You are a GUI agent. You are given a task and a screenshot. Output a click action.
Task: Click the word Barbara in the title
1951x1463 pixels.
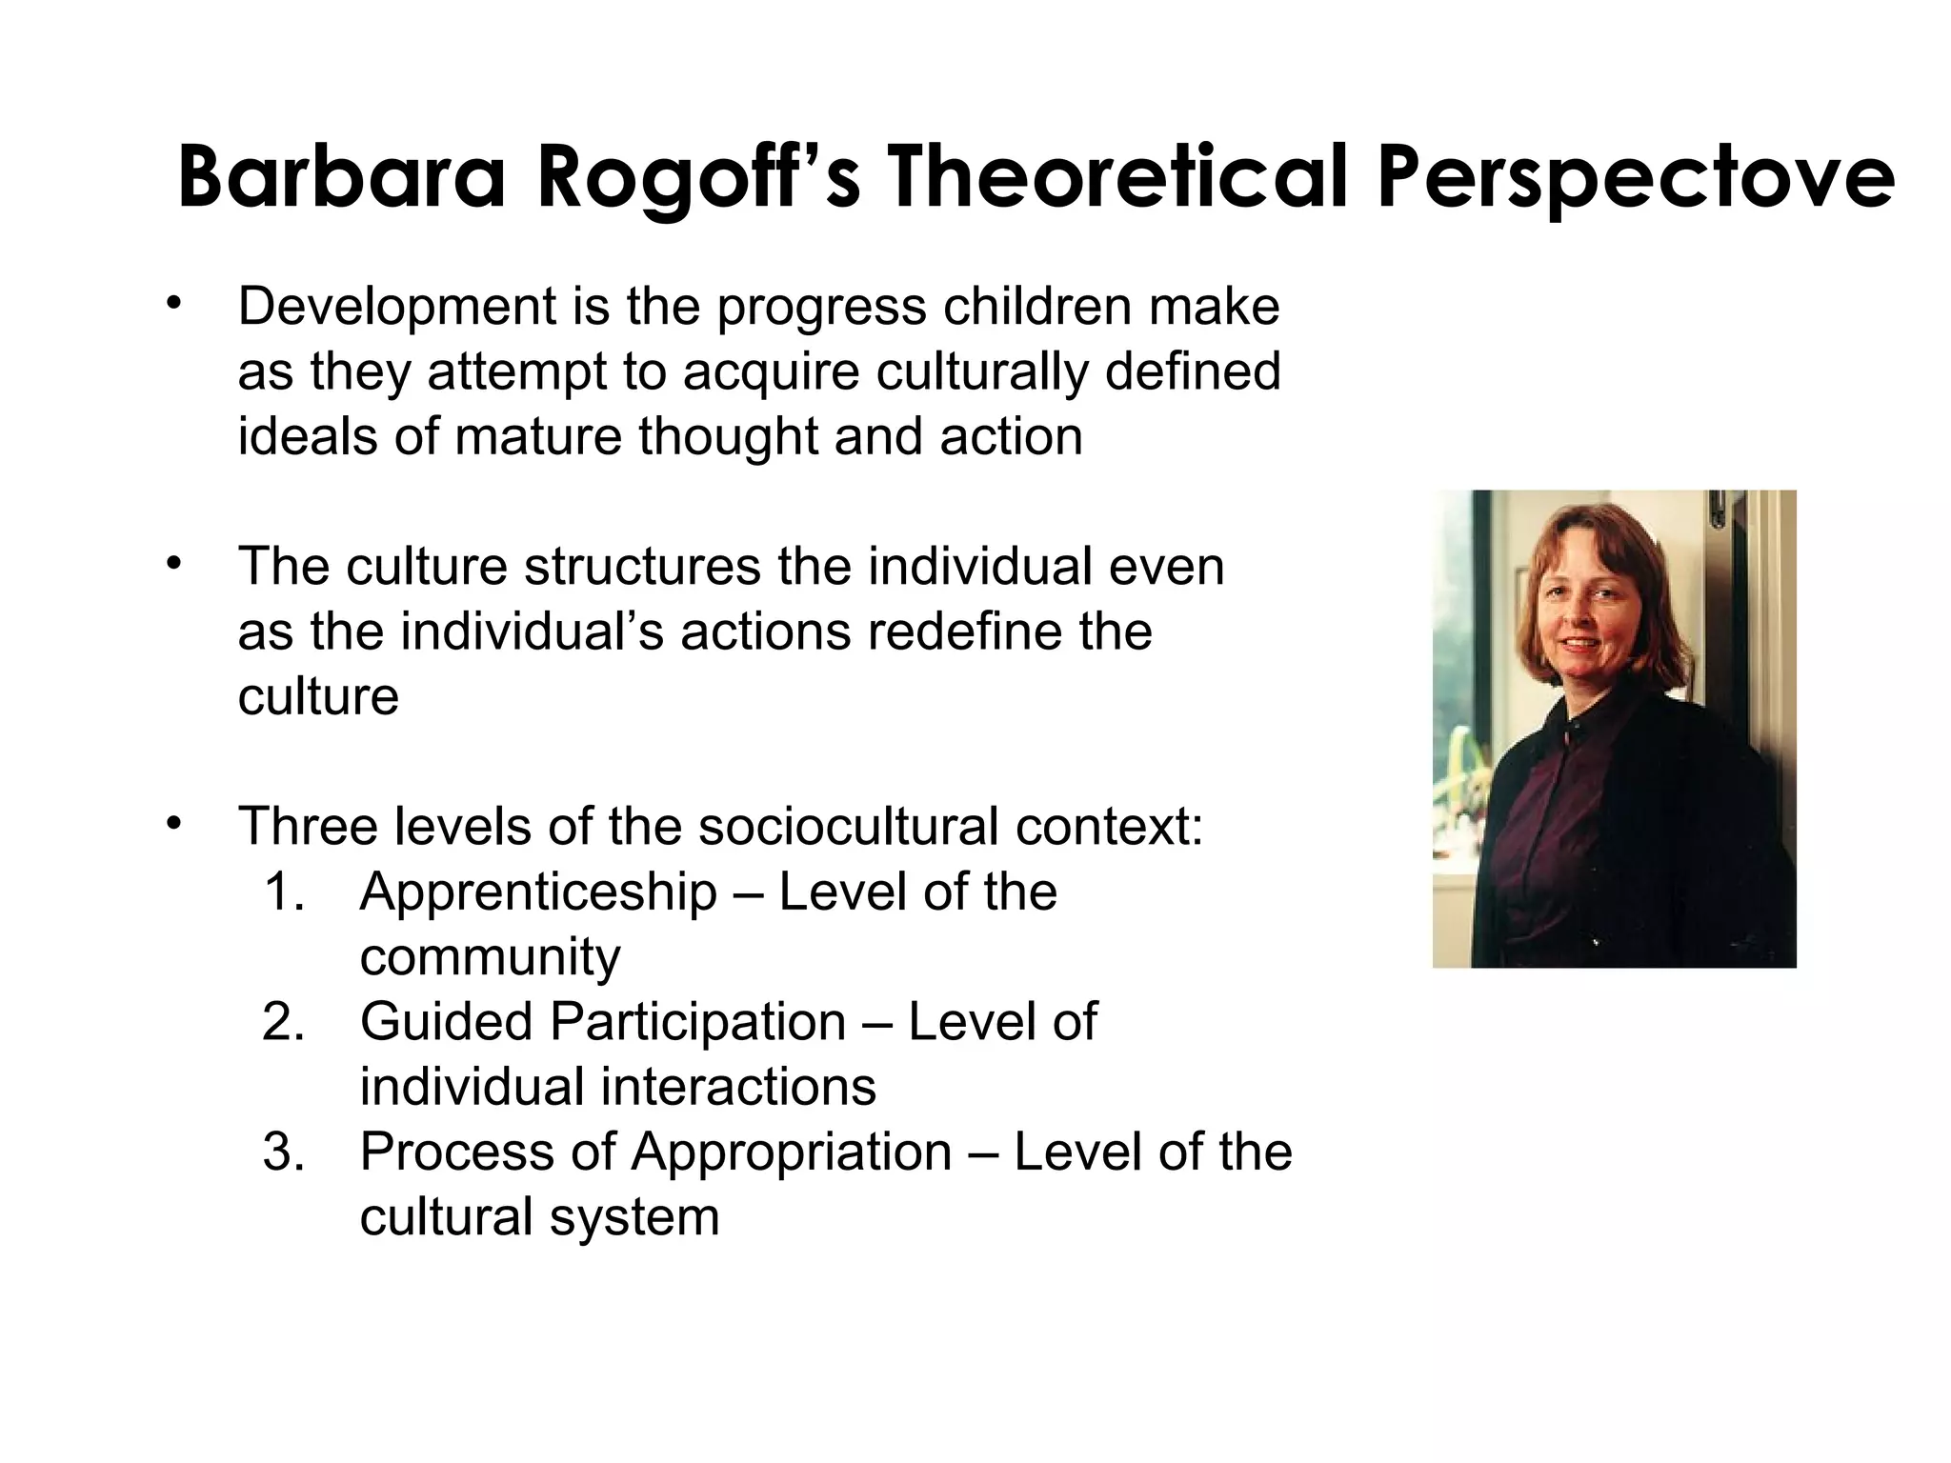coord(339,178)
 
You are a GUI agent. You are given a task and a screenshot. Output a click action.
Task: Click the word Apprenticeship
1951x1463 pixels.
coord(538,893)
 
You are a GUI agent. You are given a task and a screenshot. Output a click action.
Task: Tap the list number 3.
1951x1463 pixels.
coord(283,1152)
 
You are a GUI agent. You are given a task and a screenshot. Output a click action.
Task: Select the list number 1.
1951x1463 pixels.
coord(283,893)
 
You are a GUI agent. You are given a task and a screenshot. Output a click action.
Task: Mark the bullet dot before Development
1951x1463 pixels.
coord(172,304)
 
